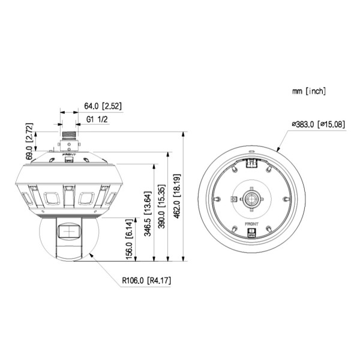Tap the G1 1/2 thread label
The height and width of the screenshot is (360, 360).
point(97,119)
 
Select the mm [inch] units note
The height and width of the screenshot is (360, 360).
point(308,91)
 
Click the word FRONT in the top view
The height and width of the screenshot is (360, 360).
point(251,224)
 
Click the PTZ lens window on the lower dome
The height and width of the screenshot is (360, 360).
point(69,231)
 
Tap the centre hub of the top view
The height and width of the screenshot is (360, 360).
point(251,197)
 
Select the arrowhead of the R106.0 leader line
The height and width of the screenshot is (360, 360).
point(91,254)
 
